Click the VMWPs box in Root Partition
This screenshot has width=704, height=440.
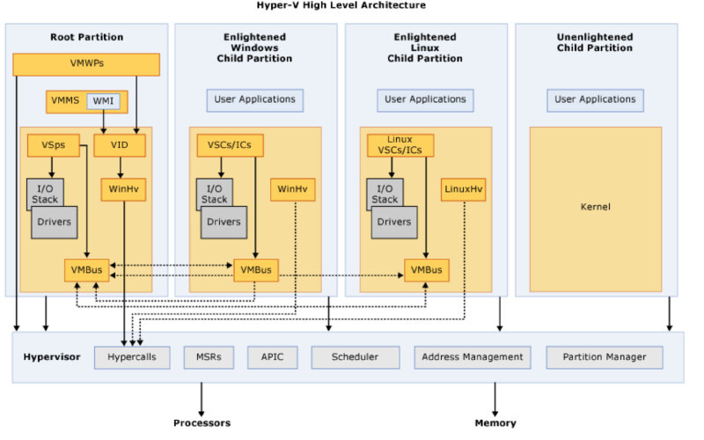[x=86, y=64]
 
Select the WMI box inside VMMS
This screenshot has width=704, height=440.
[x=103, y=101]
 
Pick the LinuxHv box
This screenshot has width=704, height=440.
[x=463, y=189]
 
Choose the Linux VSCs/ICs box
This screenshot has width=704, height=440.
[x=400, y=146]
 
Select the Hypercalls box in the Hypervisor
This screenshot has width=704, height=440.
[x=132, y=357]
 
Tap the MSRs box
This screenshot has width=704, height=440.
[x=209, y=357]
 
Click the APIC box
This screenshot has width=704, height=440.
[x=272, y=357]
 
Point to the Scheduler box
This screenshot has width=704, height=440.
[x=355, y=357]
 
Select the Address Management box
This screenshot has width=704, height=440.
[x=473, y=357]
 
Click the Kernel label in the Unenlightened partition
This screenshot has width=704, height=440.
[x=596, y=207]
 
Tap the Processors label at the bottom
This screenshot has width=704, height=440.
[x=202, y=423]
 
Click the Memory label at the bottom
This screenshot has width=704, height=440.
[x=495, y=423]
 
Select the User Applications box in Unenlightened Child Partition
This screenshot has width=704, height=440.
[x=595, y=99]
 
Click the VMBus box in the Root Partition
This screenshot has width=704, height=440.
[x=86, y=270]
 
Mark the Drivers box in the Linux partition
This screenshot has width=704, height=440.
[x=392, y=222]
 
